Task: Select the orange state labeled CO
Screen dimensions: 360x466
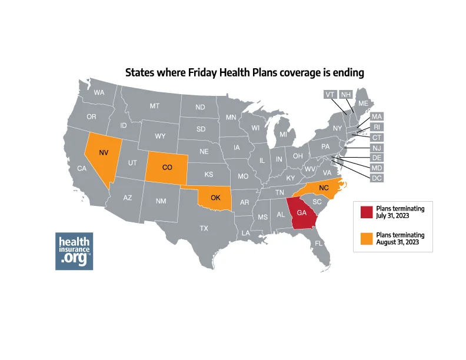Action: click(x=167, y=167)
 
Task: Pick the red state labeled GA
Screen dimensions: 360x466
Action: click(x=301, y=213)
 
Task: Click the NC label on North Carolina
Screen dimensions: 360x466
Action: click(x=323, y=188)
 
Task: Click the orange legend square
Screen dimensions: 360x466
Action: click(x=365, y=238)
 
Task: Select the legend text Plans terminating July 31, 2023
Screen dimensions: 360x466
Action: click(x=400, y=212)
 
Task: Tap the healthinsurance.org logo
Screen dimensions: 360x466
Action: click(x=74, y=251)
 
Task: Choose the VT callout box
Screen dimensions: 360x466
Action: click(x=330, y=94)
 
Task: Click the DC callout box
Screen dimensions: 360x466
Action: click(x=377, y=178)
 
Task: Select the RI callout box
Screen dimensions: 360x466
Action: click(x=377, y=126)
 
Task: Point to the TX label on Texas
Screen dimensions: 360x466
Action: click(x=204, y=228)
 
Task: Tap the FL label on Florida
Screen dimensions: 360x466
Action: click(x=318, y=242)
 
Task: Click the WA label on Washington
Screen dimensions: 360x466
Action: click(x=99, y=92)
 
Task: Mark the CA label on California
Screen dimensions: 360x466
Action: click(x=82, y=169)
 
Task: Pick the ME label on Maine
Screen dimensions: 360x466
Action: click(x=363, y=103)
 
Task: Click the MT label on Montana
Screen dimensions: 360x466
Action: click(x=154, y=106)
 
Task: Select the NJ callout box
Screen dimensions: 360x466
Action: click(x=377, y=147)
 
